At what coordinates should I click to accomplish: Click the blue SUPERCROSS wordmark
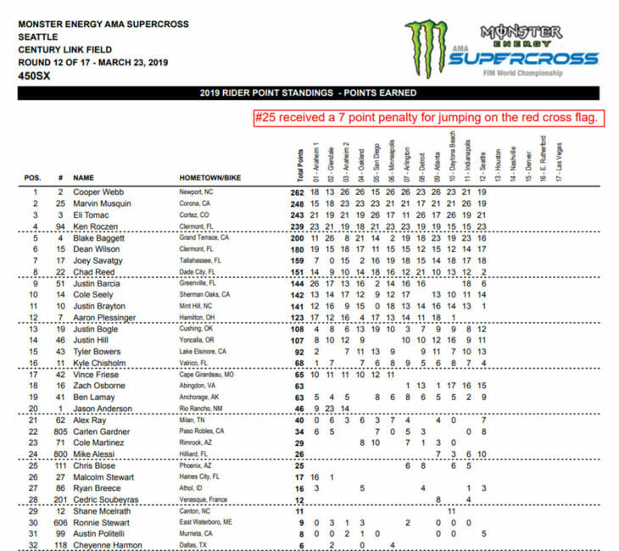[x=523, y=59]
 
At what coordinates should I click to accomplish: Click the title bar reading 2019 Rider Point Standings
[x=309, y=93]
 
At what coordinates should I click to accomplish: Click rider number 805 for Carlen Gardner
[x=60, y=430]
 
